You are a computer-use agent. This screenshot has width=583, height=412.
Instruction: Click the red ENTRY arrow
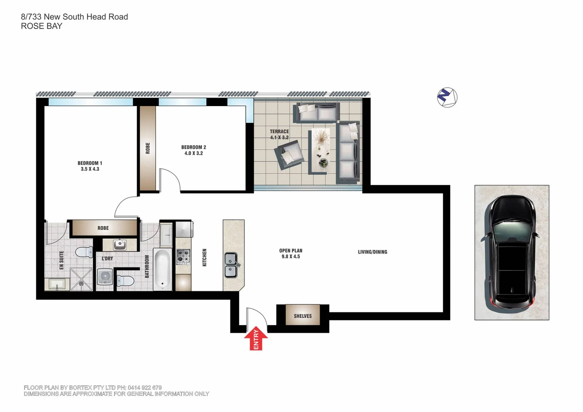(256, 338)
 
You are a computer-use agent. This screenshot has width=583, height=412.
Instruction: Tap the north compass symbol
(447, 97)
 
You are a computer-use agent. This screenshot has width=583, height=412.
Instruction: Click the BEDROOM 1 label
(90, 163)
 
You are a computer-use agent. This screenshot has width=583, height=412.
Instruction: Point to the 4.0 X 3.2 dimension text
(194, 153)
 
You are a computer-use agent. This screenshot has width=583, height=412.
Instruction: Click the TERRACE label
(279, 131)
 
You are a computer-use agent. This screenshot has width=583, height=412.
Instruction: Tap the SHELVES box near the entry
(303, 315)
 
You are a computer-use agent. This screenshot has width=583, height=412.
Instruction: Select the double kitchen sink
(231, 265)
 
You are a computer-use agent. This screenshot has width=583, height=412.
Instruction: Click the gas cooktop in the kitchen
(183, 257)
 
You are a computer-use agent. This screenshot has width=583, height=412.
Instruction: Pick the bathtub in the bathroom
(162, 269)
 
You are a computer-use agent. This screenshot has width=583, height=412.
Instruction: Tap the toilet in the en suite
(84, 252)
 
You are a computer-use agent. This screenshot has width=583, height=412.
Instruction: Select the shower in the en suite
(81, 279)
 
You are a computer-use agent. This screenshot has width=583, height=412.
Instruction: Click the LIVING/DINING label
(372, 252)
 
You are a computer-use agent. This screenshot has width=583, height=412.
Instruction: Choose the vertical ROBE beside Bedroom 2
(147, 148)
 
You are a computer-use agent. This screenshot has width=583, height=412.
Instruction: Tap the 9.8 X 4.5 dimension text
(291, 257)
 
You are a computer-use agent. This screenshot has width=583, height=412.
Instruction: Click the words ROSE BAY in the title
(41, 26)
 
